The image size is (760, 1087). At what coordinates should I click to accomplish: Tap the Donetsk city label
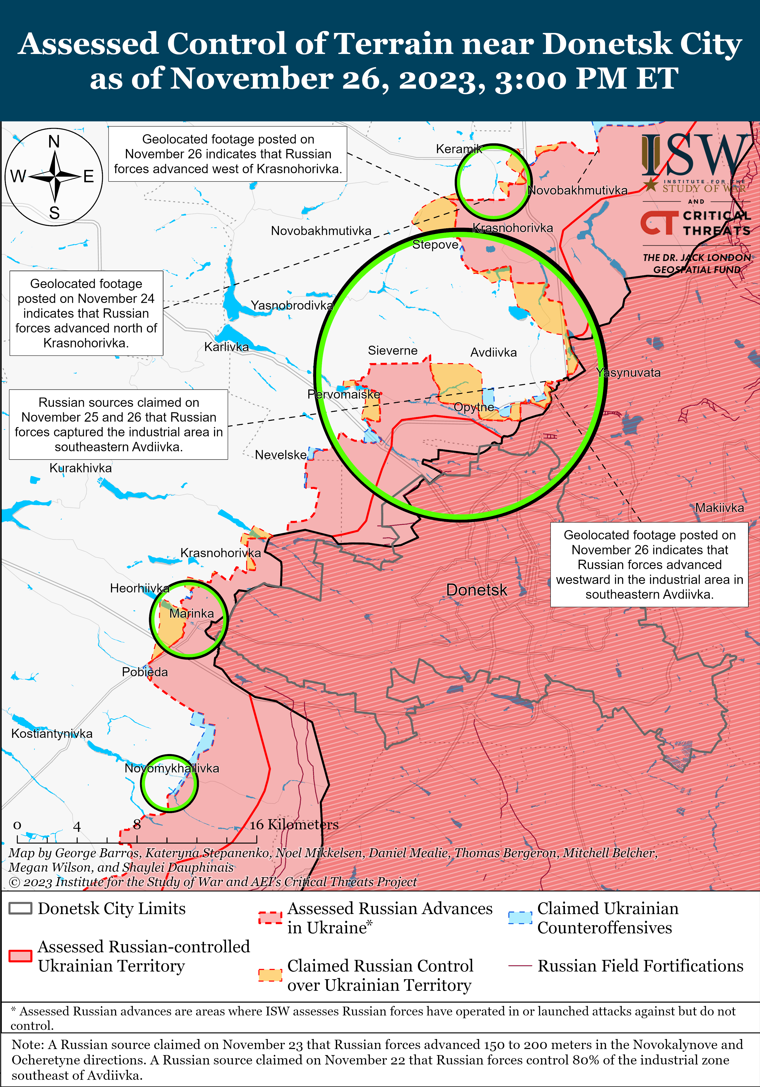[477, 590]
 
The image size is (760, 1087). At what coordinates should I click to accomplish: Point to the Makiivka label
[719, 508]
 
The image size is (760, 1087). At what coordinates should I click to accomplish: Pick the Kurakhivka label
[81, 468]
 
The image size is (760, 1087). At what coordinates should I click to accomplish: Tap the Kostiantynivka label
[52, 733]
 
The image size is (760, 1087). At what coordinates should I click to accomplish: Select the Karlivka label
[226, 347]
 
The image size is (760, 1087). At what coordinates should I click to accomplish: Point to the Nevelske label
[281, 455]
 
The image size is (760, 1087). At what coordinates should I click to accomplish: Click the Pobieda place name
[145, 672]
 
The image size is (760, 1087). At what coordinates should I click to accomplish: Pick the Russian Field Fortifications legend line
[520, 966]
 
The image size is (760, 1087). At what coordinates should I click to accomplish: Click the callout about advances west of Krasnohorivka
[228, 154]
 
